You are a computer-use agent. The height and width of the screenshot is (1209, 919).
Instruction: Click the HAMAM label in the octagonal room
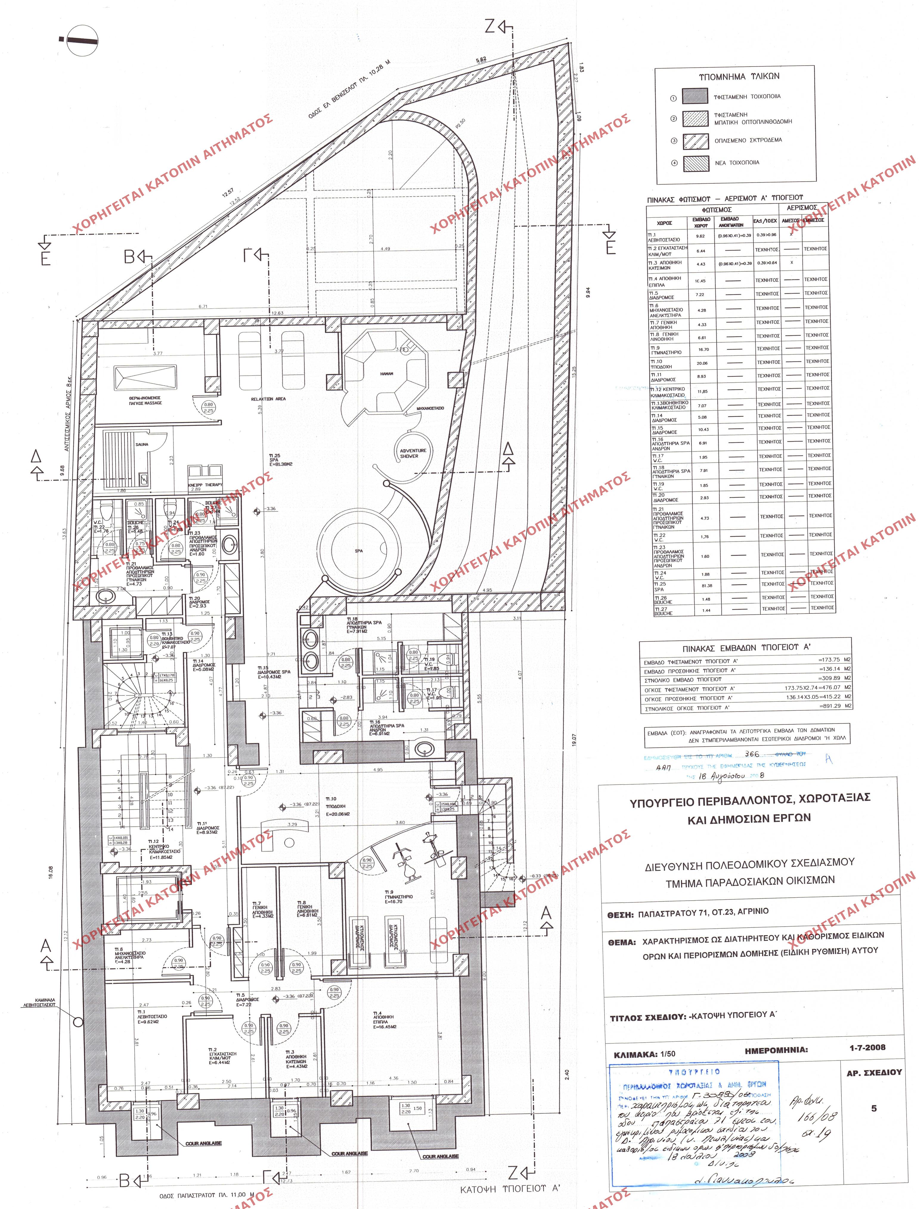(x=386, y=373)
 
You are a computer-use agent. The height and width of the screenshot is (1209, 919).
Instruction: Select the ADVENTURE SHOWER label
(x=413, y=453)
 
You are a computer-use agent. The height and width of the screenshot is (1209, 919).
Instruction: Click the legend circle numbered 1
(x=673, y=98)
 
